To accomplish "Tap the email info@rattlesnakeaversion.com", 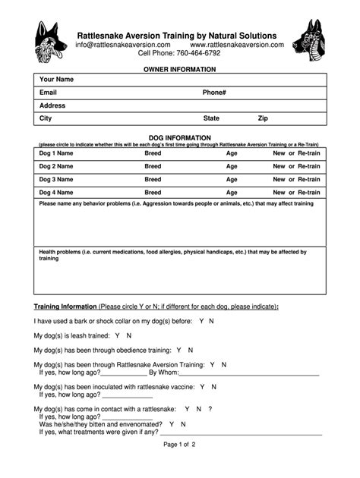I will (122, 45).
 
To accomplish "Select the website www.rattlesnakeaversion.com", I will (237, 45).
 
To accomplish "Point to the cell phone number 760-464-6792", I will (198, 54).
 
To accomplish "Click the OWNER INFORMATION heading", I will (180, 69).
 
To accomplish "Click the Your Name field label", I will (56, 80).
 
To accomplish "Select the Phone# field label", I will (214, 93).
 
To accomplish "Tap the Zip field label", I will (263, 118).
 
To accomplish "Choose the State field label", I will (211, 118).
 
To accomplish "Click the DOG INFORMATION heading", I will (180, 138).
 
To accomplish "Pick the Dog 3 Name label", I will (56, 180).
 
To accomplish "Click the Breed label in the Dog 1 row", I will (153, 153).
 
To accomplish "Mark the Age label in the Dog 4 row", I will (232, 193).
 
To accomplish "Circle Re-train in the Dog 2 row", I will (308, 166).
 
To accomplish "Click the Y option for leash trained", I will (117, 335).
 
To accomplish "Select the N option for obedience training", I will (191, 351).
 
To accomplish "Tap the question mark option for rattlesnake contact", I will (210, 409).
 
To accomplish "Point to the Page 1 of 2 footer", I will (179, 445).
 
